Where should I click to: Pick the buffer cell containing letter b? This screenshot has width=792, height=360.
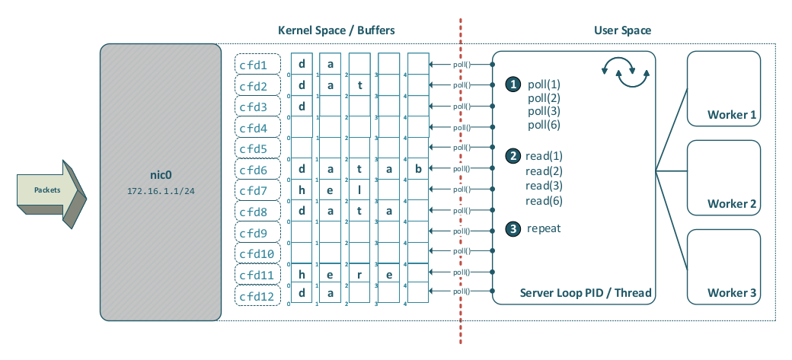(418, 170)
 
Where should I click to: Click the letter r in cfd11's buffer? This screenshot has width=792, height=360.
(359, 275)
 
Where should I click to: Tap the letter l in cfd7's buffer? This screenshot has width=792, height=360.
(359, 190)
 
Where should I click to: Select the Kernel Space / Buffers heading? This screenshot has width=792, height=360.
(336, 30)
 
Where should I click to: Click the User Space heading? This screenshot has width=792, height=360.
(622, 30)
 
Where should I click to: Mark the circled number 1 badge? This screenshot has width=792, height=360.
(514, 84)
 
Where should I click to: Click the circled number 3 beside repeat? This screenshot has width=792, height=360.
(514, 228)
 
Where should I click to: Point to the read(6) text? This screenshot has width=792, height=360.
(544, 200)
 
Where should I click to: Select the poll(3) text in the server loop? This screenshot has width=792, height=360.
(544, 111)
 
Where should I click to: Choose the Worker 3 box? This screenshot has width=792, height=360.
(723, 266)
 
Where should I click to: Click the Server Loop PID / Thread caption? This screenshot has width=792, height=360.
(585, 293)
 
